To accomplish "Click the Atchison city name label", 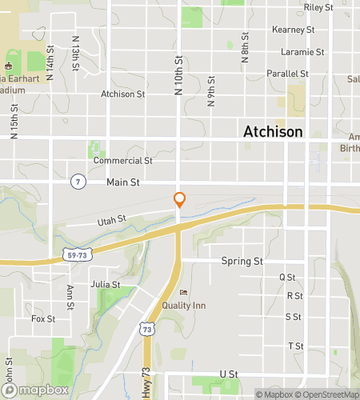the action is click(273, 132).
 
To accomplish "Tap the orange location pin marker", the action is click(180, 200).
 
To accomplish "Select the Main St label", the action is click(123, 182).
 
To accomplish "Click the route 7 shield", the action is click(78, 182).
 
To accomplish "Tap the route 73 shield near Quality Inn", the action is click(146, 329).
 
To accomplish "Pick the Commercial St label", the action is click(122, 160).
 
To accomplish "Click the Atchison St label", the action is click(122, 94).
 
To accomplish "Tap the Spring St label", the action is click(242, 261).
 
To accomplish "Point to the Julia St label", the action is click(105, 284).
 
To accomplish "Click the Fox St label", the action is click(43, 318).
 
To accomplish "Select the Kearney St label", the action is click(293, 30).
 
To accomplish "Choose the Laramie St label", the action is click(302, 52).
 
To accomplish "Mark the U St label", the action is click(228, 374).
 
